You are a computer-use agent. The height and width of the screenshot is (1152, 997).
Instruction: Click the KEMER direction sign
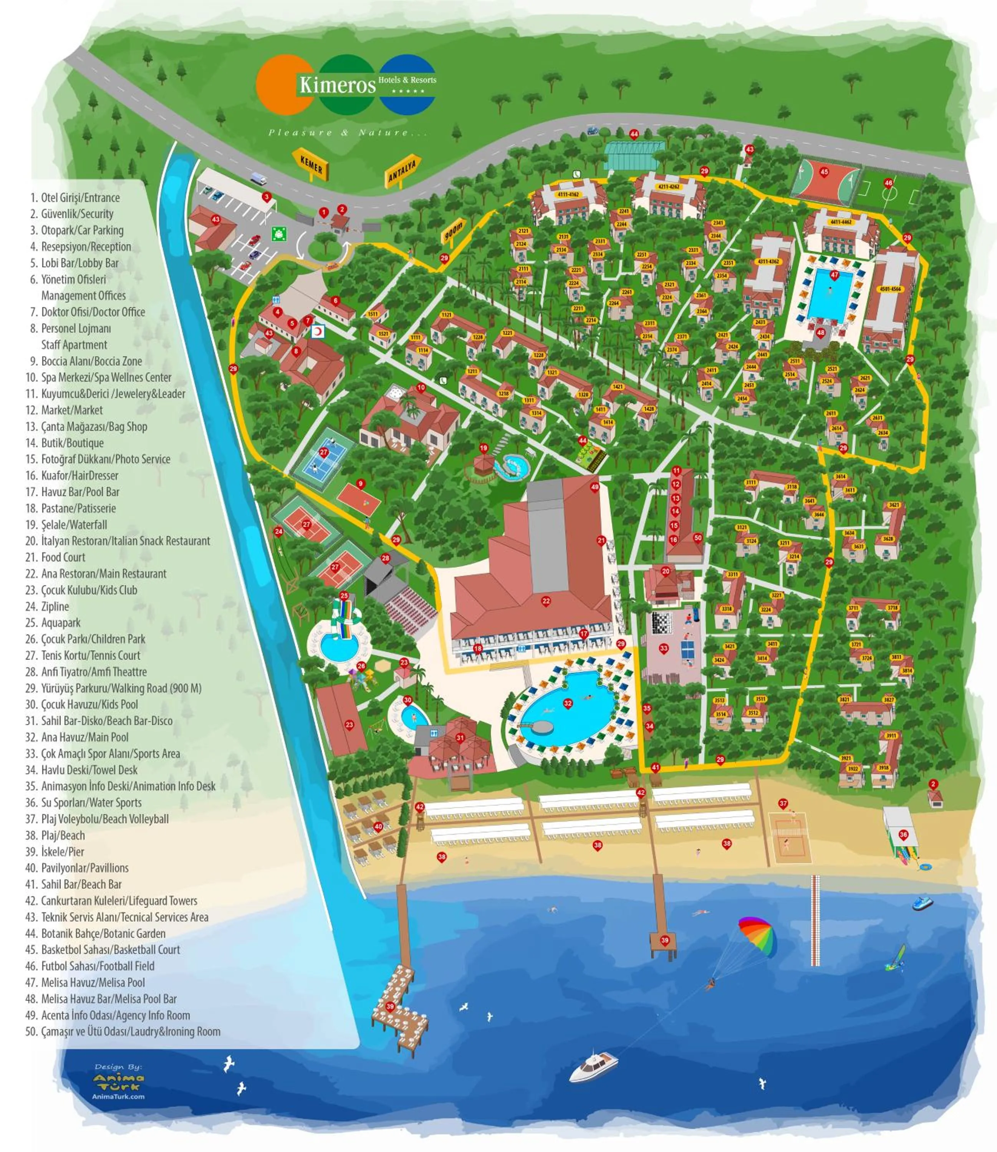311,164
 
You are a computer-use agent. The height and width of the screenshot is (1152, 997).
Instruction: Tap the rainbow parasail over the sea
757,936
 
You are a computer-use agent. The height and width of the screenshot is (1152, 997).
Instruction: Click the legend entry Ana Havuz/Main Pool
84,737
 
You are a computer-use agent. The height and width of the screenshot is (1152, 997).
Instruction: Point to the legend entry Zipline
55,606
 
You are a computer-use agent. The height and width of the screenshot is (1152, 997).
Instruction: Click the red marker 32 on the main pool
568,703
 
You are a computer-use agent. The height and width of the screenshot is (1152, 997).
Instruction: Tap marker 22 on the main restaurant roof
546,601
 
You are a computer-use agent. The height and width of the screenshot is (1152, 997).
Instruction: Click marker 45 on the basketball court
824,172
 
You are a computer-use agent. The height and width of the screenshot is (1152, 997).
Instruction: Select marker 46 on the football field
889,182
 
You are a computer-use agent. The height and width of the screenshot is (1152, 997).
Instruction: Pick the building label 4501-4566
890,289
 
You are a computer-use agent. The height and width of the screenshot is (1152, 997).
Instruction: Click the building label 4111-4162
568,195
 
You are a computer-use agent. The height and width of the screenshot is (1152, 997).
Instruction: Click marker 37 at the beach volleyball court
783,803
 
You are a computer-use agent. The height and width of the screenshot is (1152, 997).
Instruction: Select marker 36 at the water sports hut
903,834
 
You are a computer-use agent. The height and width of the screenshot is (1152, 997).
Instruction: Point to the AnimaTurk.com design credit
118,1096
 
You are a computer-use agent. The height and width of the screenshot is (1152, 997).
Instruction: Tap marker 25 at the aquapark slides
344,595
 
